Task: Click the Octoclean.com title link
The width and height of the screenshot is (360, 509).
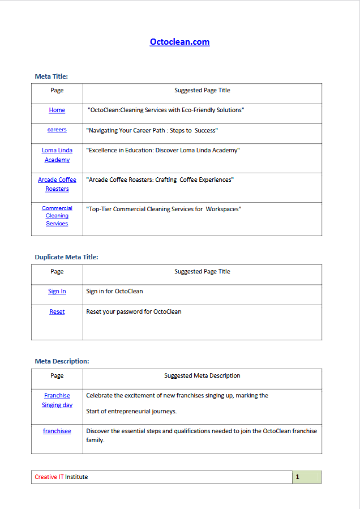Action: click(179, 42)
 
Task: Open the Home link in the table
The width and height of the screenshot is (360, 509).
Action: click(57, 110)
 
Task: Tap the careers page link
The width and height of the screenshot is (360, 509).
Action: click(57, 130)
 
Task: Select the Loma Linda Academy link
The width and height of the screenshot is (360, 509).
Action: click(57, 155)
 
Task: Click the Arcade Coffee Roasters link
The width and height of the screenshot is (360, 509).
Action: click(57, 184)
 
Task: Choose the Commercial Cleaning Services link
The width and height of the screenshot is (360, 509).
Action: click(57, 216)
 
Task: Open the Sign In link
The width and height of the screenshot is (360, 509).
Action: click(57, 292)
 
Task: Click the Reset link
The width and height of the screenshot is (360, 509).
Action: click(57, 312)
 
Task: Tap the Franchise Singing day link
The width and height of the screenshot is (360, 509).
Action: click(57, 400)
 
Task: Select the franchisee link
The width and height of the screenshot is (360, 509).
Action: click(57, 431)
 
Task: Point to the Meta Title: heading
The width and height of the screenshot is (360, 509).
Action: click(52, 76)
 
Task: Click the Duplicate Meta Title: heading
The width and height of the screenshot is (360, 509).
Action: click(66, 257)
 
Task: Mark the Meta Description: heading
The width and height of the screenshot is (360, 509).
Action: click(62, 361)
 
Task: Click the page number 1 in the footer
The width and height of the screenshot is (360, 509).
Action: click(298, 477)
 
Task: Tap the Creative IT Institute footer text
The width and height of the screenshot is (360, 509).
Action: click(61, 477)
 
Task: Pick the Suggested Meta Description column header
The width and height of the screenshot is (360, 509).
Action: click(202, 375)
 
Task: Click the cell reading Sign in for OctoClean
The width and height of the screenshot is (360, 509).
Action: click(114, 292)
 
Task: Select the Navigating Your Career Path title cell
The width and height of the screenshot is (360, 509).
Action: click(152, 131)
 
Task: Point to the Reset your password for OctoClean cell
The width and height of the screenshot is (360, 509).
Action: click(134, 312)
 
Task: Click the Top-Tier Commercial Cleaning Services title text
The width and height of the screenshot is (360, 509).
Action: click(164, 209)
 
